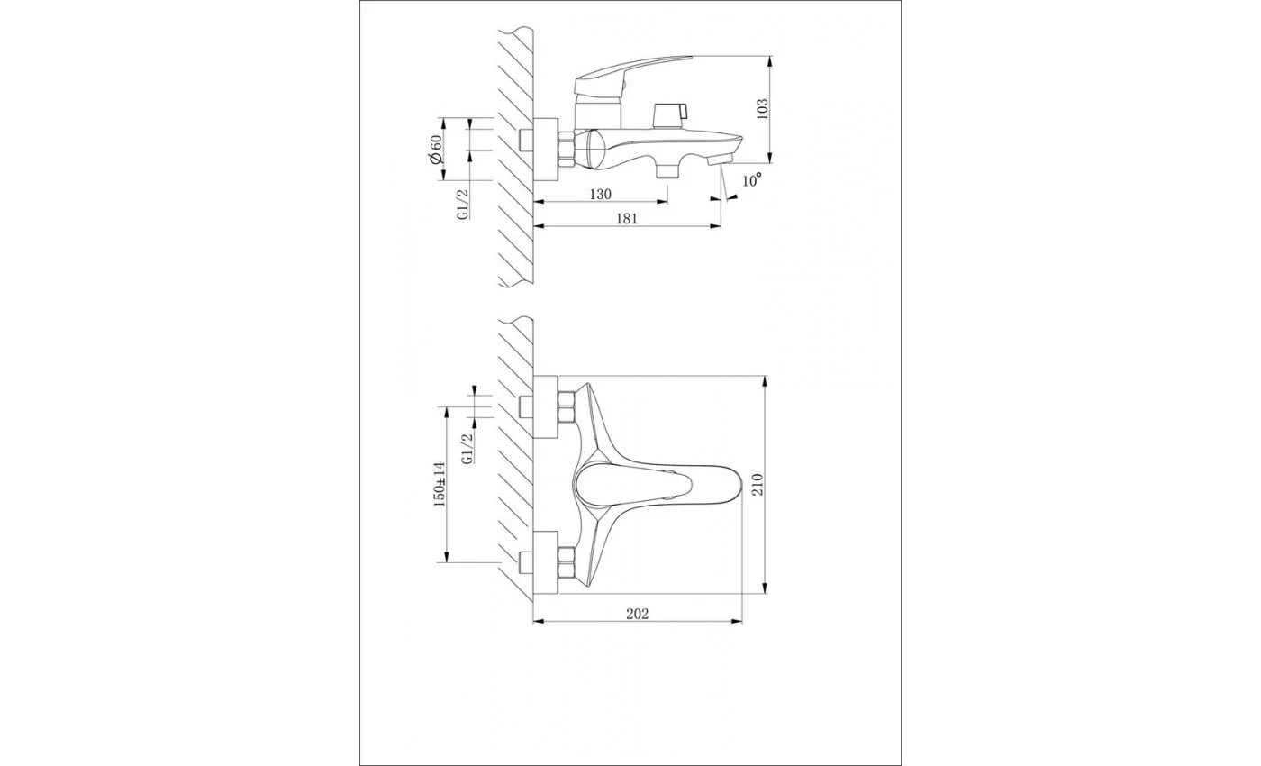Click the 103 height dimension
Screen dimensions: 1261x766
pyautogui.click(x=762, y=109)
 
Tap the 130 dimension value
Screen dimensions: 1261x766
pyautogui.click(x=600, y=195)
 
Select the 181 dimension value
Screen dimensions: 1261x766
pyautogui.click(x=626, y=218)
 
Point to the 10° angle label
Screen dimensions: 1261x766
pyautogui.click(x=752, y=180)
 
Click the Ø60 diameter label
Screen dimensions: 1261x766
pyautogui.click(x=435, y=150)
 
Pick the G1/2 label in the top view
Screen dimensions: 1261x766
pyautogui.click(x=463, y=205)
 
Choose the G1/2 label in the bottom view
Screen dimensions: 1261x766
pyautogui.click(x=467, y=449)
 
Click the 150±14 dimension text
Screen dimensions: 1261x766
pyautogui.click(x=440, y=485)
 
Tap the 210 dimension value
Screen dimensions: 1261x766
pyautogui.click(x=758, y=484)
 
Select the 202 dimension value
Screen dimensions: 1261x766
pyautogui.click(x=638, y=614)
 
